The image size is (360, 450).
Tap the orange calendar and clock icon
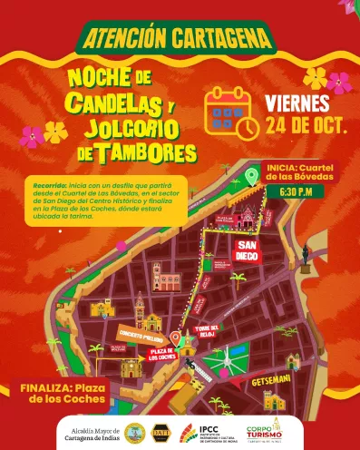231,112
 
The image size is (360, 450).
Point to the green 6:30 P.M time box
297,192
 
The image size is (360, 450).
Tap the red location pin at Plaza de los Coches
175,337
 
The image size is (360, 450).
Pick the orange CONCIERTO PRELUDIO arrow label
137,333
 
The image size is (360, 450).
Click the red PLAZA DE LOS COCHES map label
161,352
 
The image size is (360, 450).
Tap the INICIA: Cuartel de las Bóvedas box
306,171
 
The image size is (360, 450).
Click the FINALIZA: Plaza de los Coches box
63,392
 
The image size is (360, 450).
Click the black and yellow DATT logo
161,432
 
